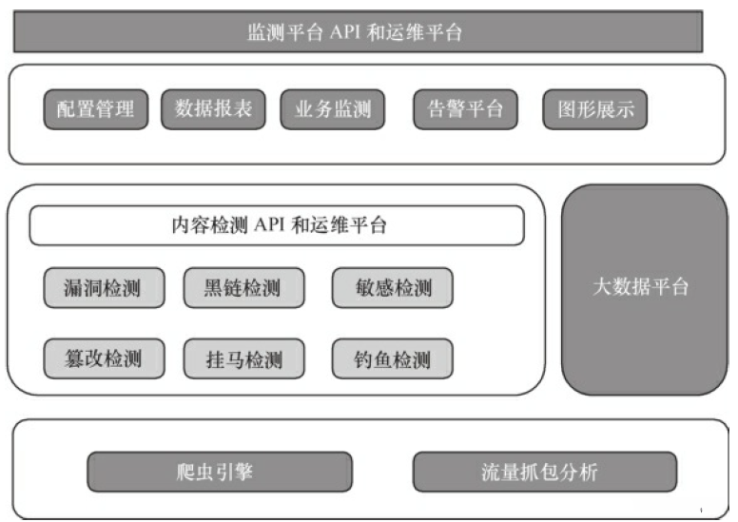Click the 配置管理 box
95,109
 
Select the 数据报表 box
213,109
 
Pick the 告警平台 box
464,109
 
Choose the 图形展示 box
593,109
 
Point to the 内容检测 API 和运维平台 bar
277,226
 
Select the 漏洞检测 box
103,287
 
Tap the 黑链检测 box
243,287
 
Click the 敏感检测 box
392,287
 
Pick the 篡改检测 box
103,358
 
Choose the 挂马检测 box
243,358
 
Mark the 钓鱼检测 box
392,358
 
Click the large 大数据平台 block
644,288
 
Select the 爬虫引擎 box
220,472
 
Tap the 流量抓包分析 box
544,472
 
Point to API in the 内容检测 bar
267,226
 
